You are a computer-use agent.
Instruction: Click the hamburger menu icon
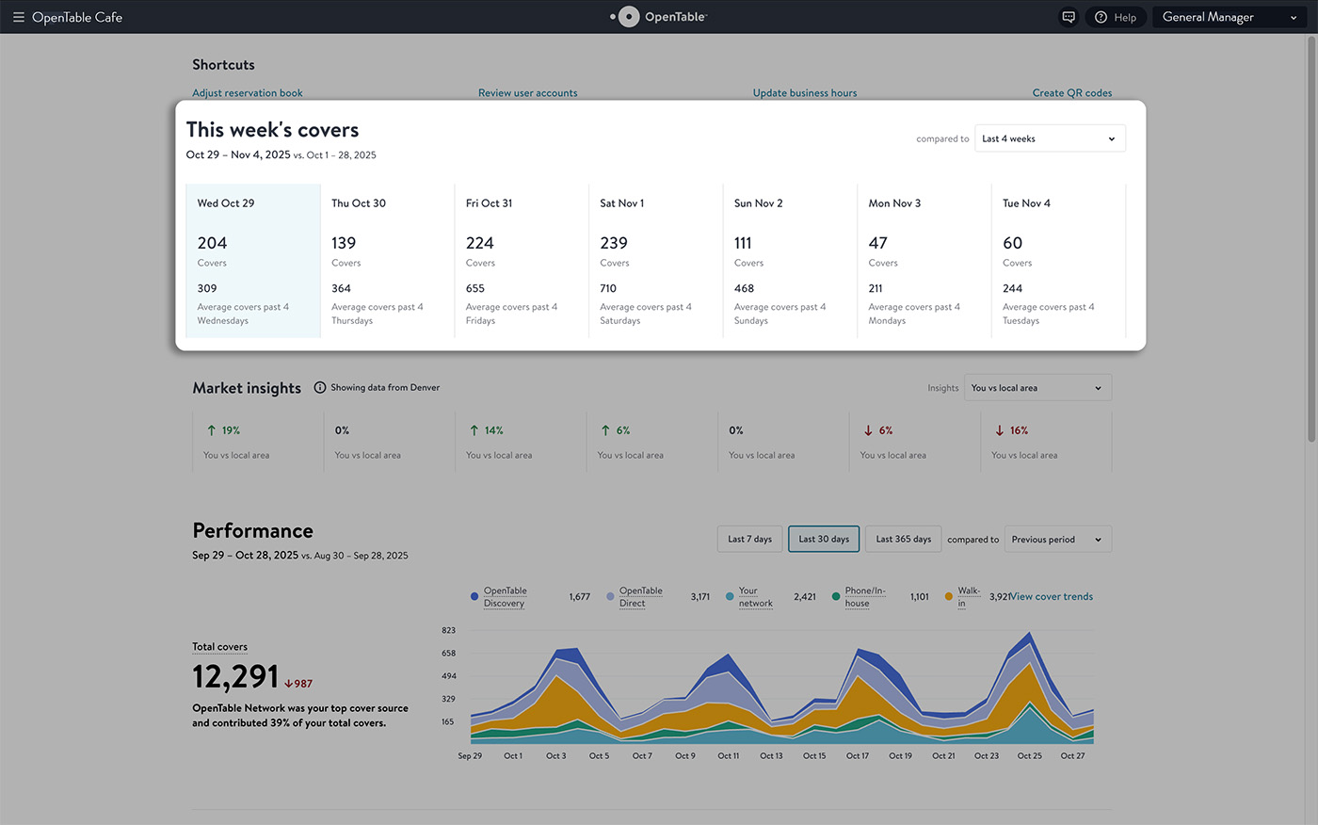click(18, 17)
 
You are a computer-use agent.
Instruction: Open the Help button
click(1116, 17)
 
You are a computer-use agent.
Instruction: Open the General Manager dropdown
click(1230, 17)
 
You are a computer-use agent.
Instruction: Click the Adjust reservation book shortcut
click(247, 93)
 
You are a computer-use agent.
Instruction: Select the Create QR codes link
click(1072, 93)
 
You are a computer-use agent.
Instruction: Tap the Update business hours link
click(804, 93)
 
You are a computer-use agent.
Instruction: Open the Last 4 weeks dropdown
click(1050, 138)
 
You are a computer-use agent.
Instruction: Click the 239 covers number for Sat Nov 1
click(614, 243)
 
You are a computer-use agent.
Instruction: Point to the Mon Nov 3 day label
click(894, 203)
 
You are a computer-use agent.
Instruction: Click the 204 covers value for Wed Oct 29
click(212, 243)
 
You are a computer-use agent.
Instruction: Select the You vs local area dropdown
click(1037, 388)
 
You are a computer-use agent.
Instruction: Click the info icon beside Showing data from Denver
click(319, 387)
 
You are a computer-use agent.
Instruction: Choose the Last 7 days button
click(749, 539)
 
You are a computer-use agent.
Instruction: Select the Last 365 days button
click(903, 539)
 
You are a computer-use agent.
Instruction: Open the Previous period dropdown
click(1058, 539)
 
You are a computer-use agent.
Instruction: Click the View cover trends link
click(1052, 596)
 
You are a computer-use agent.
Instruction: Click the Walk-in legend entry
click(962, 597)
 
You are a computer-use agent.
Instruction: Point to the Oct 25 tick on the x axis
click(1029, 755)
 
